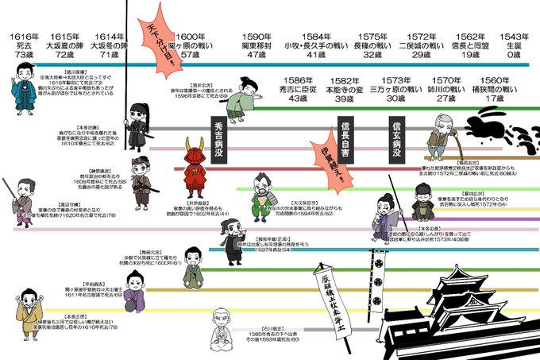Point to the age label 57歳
pos(190,56)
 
